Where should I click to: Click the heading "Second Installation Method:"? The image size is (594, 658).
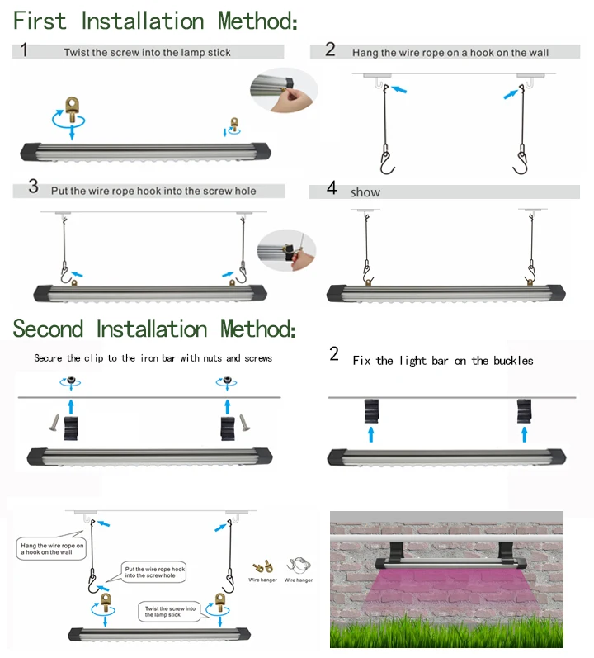point(153,329)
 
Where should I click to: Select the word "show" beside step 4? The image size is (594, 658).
point(365,192)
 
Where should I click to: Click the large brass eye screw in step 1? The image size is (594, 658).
point(72,107)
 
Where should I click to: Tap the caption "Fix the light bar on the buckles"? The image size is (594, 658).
point(442,361)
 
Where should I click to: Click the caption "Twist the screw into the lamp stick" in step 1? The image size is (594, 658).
point(147,53)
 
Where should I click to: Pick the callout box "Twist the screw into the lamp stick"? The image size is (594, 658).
point(169,612)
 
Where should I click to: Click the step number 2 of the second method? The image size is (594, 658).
point(333,355)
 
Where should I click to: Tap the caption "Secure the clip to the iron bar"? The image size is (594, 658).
point(153,358)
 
